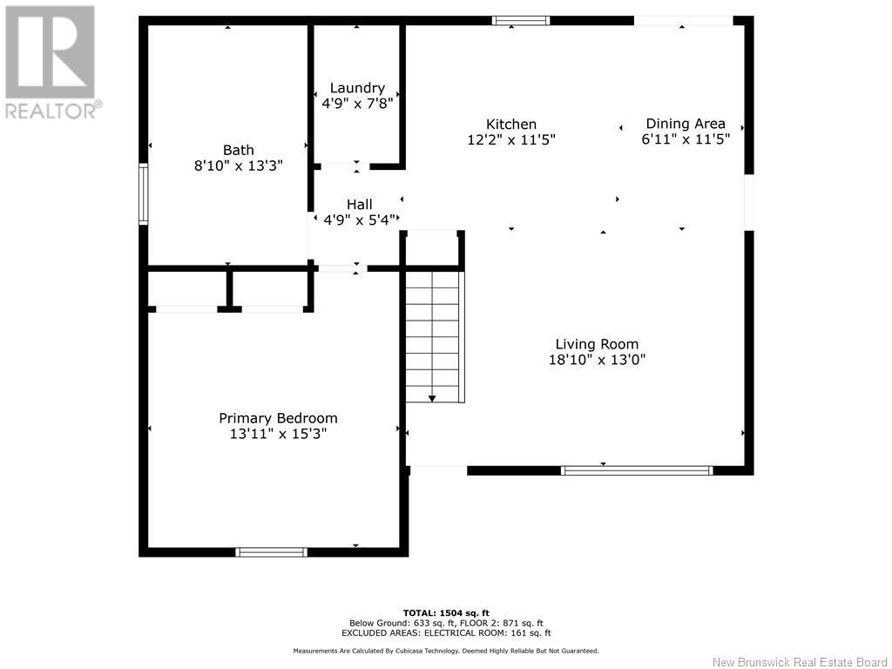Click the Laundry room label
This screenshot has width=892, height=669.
point(357,88)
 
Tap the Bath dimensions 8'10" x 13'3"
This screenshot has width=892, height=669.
point(238,165)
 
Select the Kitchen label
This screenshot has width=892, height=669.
point(511,125)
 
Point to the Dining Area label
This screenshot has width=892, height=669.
point(686,124)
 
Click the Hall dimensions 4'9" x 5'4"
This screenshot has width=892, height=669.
point(360,220)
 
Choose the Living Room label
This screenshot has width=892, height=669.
point(597,344)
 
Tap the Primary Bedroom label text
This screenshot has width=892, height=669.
point(278,418)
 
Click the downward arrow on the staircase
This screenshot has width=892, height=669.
point(432,397)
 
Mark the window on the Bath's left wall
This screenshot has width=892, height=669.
point(144,194)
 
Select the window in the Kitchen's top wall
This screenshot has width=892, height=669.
point(521,20)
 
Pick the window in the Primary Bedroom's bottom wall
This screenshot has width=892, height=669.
point(272,551)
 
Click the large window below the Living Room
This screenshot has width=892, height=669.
point(637,470)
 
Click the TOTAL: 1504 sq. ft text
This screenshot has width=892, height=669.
point(446,612)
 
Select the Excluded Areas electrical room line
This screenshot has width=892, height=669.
point(446,633)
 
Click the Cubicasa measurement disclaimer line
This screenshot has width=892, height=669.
point(446,651)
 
